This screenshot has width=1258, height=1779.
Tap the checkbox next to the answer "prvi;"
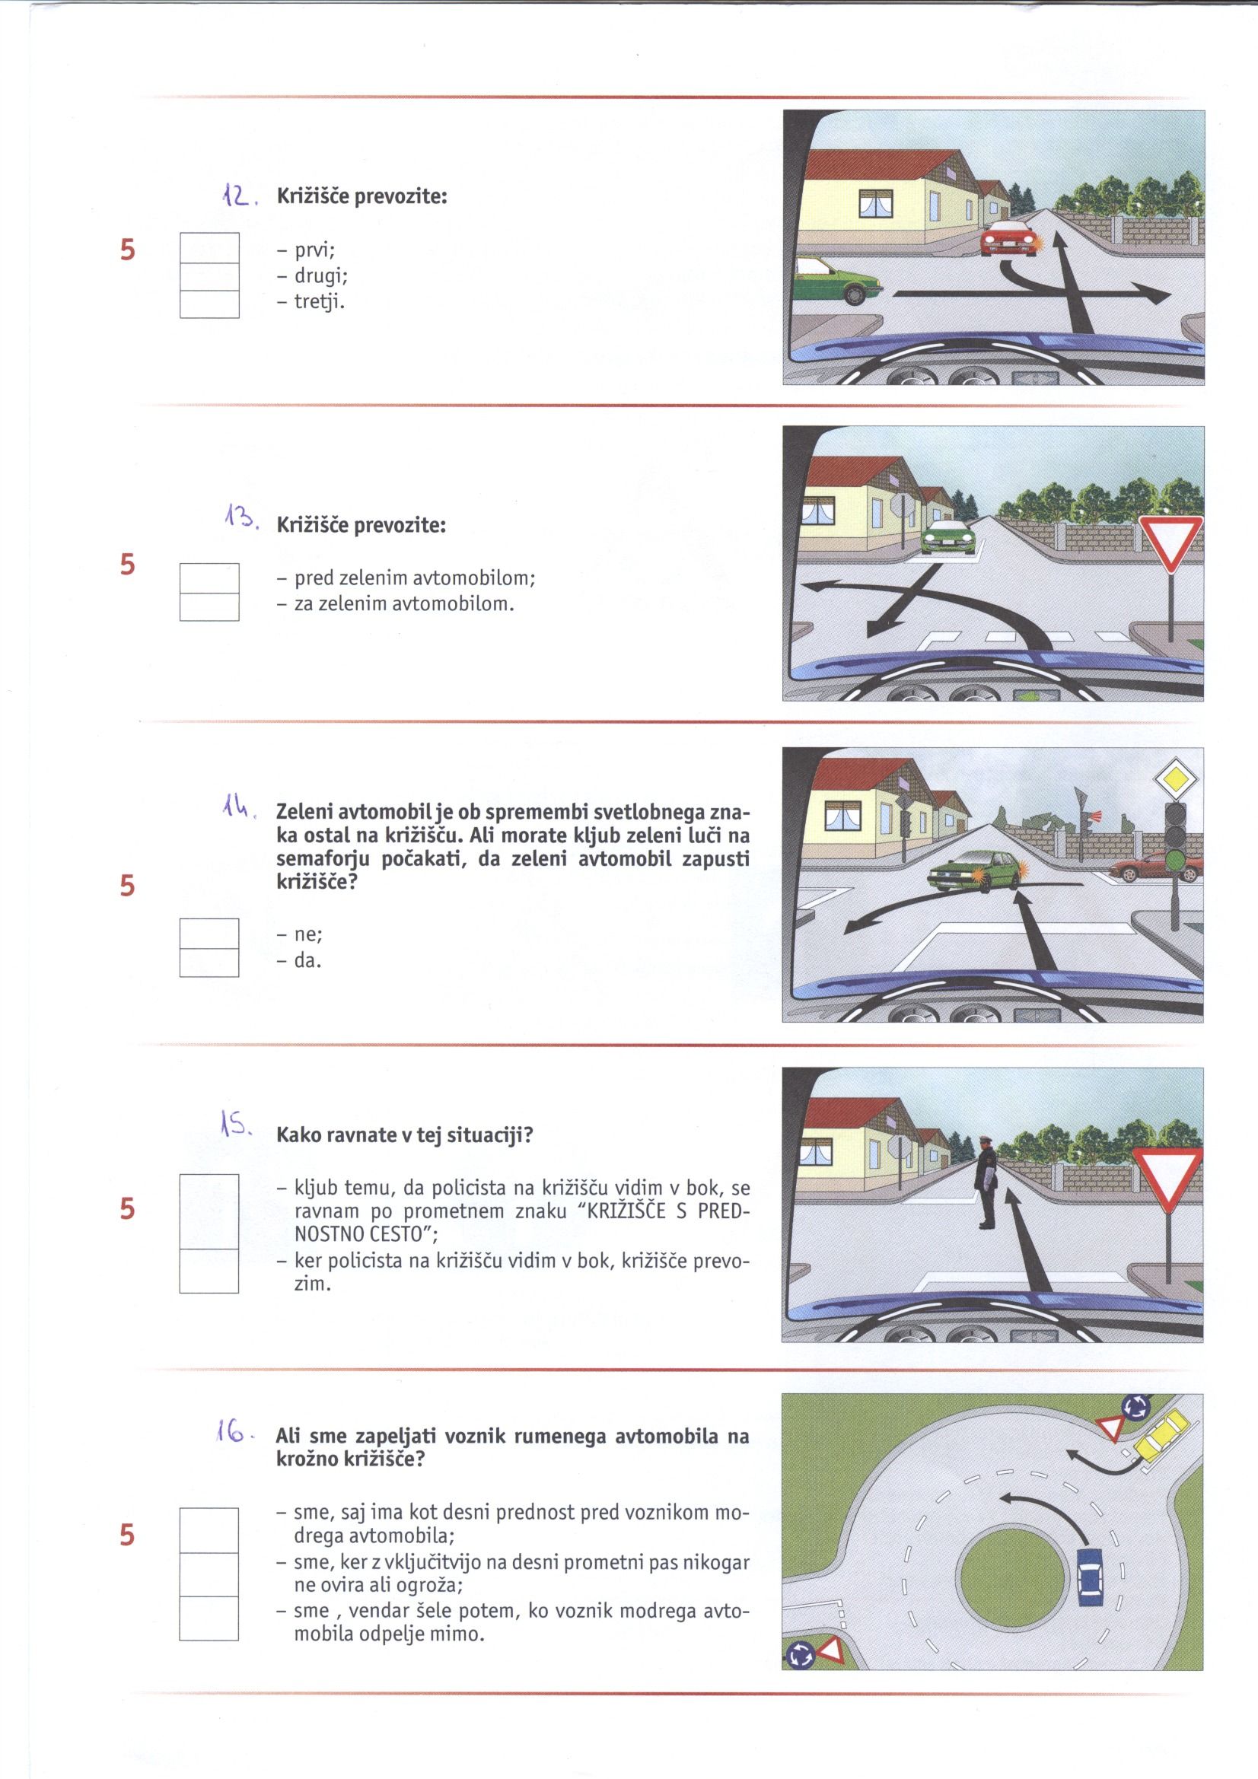(209, 248)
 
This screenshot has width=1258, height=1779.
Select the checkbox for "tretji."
(209, 304)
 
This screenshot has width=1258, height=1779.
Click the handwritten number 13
(238, 515)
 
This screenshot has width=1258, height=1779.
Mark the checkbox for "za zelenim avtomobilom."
(209, 606)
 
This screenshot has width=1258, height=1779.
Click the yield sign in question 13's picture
(1170, 543)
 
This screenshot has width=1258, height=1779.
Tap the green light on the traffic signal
(1176, 861)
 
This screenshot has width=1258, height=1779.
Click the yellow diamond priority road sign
(1176, 779)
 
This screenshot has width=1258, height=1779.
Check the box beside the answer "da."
(209, 963)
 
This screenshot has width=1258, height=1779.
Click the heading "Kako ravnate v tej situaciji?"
(405, 1136)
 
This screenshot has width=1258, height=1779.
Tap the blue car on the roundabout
(1089, 1576)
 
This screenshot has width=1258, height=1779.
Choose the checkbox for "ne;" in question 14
(209, 934)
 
